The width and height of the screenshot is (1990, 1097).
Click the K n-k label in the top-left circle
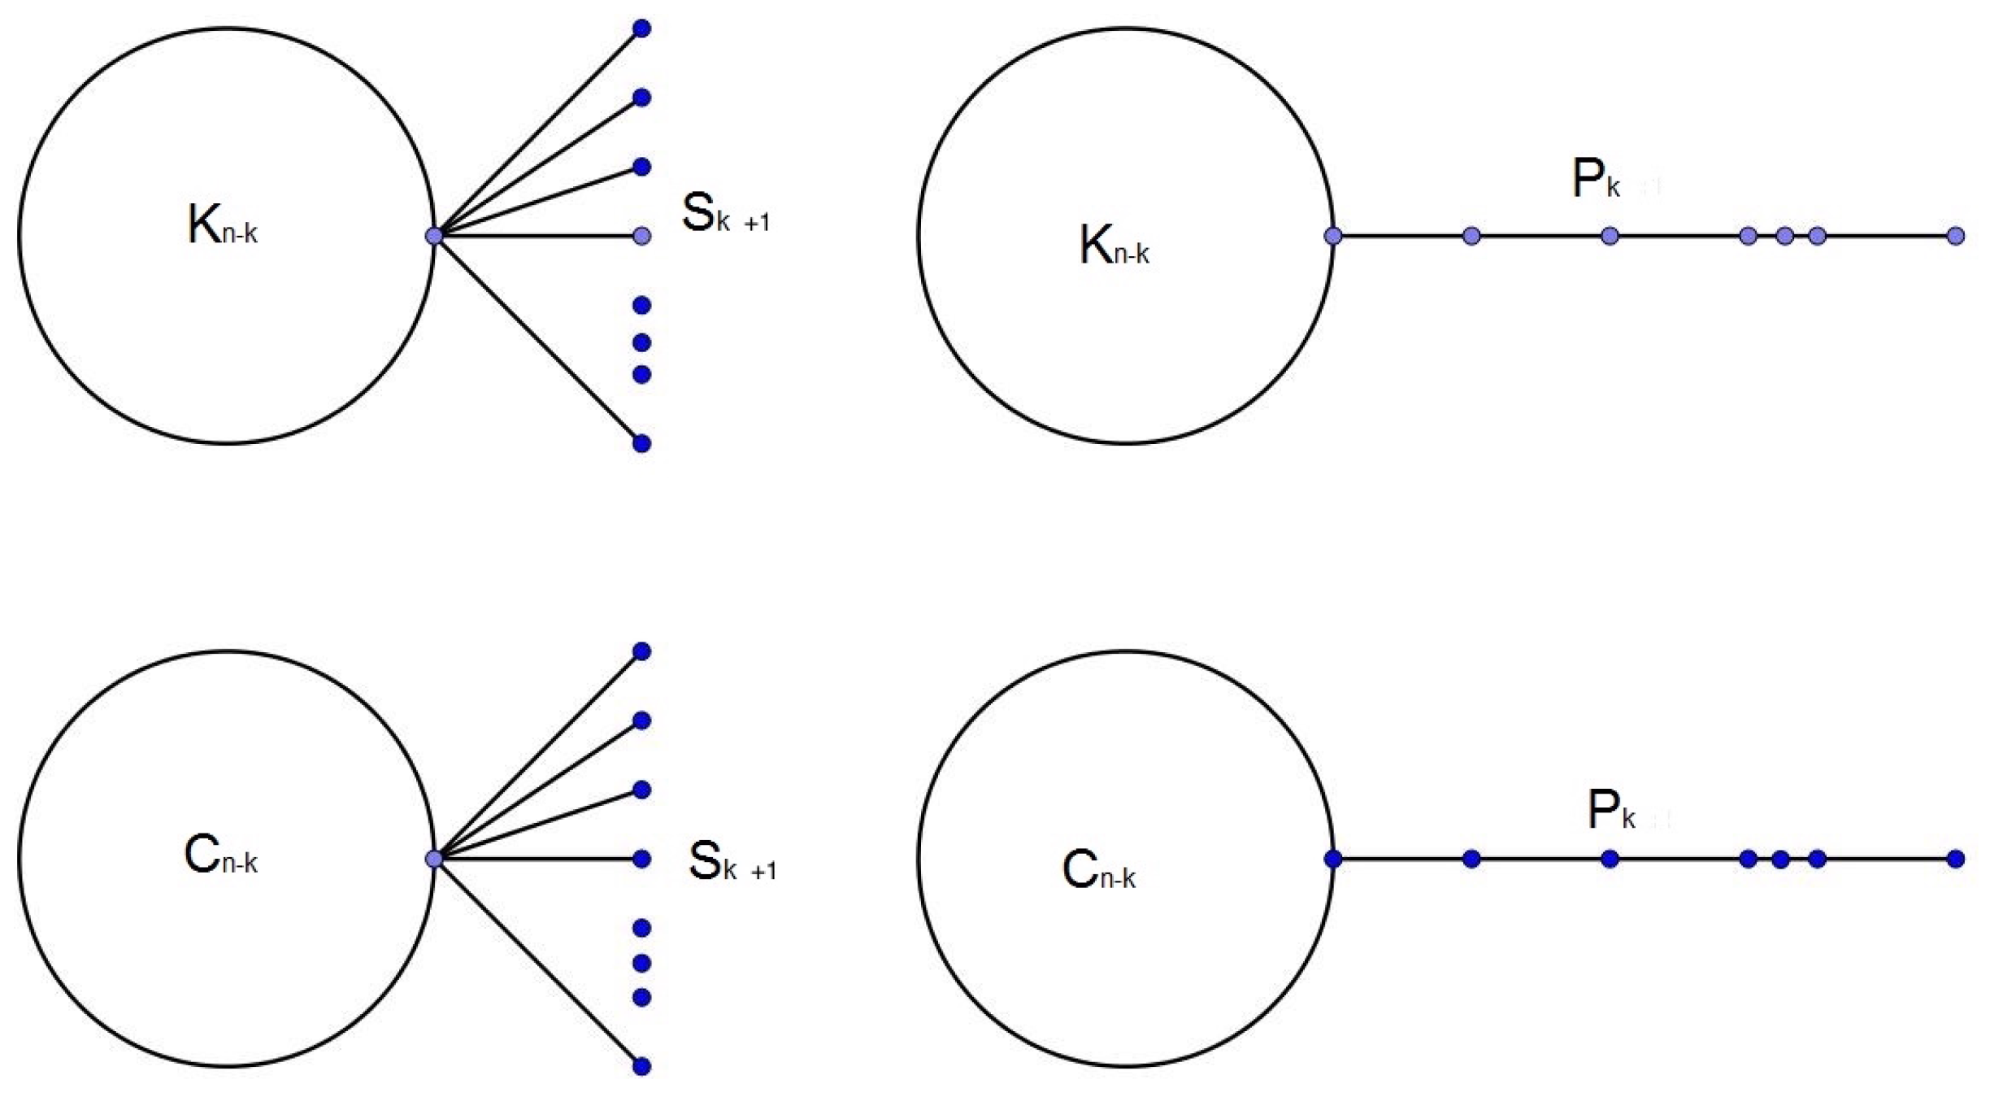tap(221, 224)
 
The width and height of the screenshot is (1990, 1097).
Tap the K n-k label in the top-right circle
tap(1113, 245)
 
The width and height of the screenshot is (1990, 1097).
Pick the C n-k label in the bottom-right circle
tap(1098, 869)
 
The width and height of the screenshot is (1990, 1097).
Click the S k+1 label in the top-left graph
tap(724, 214)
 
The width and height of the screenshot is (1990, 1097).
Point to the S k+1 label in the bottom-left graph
tap(732, 862)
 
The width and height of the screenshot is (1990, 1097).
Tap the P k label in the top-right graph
tap(1596, 180)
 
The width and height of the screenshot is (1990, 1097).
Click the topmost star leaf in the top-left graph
tap(641, 29)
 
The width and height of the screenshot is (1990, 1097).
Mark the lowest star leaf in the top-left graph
tap(641, 443)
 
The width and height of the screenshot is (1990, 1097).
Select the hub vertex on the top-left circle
tap(434, 236)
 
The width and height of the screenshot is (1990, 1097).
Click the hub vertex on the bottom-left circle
tap(434, 859)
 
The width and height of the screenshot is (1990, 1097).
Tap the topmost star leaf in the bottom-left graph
tap(641, 651)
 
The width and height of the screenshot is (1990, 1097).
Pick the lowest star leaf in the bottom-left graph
tap(641, 1066)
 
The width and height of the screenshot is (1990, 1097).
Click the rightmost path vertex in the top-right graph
tap(1956, 236)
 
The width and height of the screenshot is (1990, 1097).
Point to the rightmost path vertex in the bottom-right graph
tap(1956, 859)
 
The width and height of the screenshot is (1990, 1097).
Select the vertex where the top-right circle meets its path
tap(1333, 236)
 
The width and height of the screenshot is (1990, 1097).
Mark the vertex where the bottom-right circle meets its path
tap(1333, 859)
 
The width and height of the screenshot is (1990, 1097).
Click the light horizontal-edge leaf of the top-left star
tap(641, 236)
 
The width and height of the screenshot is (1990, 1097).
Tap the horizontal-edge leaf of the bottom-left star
tap(641, 859)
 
